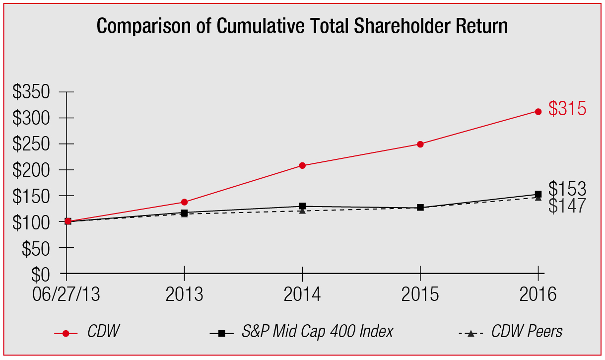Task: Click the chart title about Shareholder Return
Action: tap(302, 26)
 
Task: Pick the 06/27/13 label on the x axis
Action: tap(67, 294)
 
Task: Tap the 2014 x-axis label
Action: tap(302, 294)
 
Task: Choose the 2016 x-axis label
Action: tap(538, 294)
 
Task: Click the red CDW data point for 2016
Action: tap(538, 111)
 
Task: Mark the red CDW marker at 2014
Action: tap(302, 165)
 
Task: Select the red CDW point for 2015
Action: tap(420, 144)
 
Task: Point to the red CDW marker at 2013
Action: tap(185, 202)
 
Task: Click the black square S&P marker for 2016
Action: tap(538, 194)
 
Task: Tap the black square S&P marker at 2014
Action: tap(302, 206)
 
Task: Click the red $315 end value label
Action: tap(567, 109)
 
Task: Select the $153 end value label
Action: tap(567, 189)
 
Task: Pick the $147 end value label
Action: tap(567, 206)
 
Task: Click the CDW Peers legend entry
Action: tap(527, 332)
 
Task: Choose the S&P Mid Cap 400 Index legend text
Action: tap(317, 332)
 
